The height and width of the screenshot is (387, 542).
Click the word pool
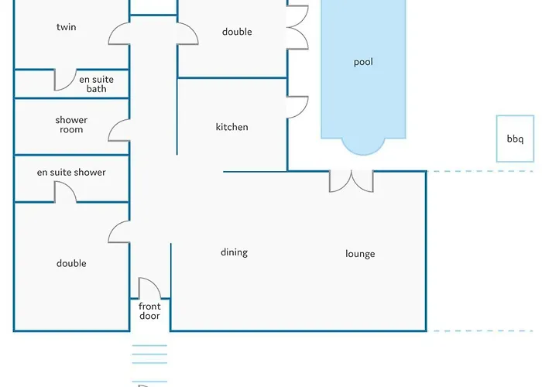363,62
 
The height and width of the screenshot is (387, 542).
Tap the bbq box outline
497,139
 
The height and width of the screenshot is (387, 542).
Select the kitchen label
232,127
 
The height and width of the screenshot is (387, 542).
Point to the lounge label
360,254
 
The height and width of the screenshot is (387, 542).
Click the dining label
234,252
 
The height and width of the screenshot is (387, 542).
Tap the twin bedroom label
67,27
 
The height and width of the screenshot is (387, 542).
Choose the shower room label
71,125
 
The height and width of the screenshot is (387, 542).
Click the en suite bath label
97,84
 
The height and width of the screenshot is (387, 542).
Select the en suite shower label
71,172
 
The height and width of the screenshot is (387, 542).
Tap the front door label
149,311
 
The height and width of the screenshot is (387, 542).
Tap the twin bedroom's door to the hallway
114,29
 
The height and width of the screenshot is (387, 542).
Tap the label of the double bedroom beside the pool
237,32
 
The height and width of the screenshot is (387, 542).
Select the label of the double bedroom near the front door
71,263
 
